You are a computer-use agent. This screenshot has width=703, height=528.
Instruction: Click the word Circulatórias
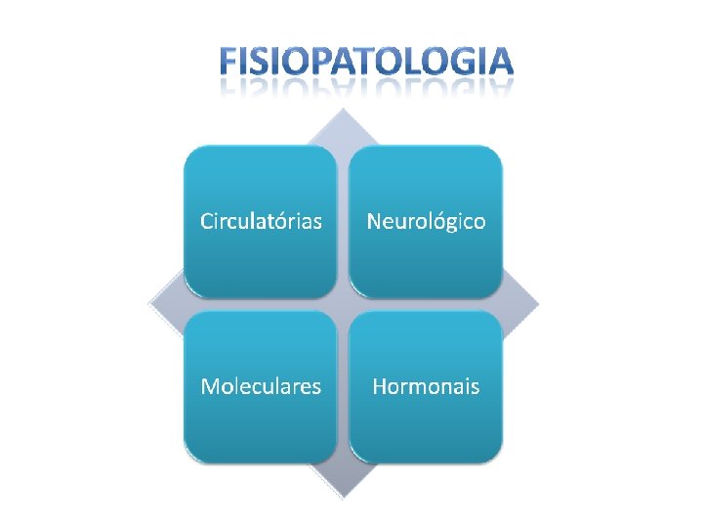point(261,221)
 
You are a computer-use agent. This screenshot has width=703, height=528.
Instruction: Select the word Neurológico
point(426,221)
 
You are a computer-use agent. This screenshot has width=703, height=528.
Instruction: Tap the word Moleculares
point(261,386)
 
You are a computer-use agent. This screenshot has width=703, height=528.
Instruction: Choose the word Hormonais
point(426,386)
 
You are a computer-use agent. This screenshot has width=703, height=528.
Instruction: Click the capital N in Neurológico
point(374,221)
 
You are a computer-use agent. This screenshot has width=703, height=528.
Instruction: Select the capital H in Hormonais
point(380,386)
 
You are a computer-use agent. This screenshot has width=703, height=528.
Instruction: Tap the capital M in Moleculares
point(210,386)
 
